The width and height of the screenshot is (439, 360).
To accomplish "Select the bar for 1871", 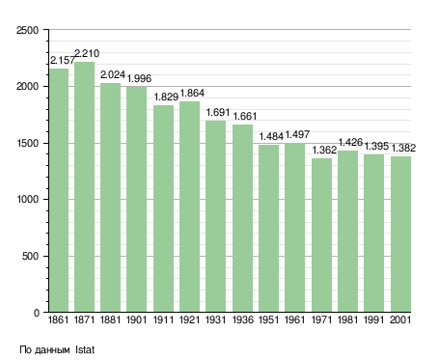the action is coord(84,187).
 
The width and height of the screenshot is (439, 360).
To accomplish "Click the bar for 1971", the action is coord(321,235).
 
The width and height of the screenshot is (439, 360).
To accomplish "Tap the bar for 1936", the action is coord(242,218).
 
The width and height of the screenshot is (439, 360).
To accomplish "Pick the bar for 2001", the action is coord(400,235).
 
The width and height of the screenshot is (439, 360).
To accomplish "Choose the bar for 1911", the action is coord(163,208).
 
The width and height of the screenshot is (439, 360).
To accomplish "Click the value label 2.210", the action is coord(87,53).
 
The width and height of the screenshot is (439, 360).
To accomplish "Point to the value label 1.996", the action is coord(139,78).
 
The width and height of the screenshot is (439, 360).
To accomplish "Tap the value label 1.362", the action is coord(324,150).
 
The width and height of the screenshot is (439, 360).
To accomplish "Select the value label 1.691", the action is coord(218,112).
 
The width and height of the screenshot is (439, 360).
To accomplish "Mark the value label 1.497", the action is coord(297,134).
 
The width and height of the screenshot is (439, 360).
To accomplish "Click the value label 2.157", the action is coord(63,60).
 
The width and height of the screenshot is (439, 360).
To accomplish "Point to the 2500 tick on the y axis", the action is coord(27,30).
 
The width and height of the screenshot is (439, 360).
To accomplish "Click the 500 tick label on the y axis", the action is coord(31,257).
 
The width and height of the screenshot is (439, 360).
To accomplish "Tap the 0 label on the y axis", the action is coord(37,313).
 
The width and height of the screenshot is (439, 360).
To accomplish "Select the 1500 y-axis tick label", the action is coord(27,144).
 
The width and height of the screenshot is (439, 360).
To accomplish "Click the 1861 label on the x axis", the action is coord(58,320).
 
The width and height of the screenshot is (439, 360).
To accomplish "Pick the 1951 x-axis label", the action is coord(268,320).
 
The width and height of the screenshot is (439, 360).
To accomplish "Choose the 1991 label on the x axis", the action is coord(374,320).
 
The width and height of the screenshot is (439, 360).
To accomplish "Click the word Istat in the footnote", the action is coord(85,349).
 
